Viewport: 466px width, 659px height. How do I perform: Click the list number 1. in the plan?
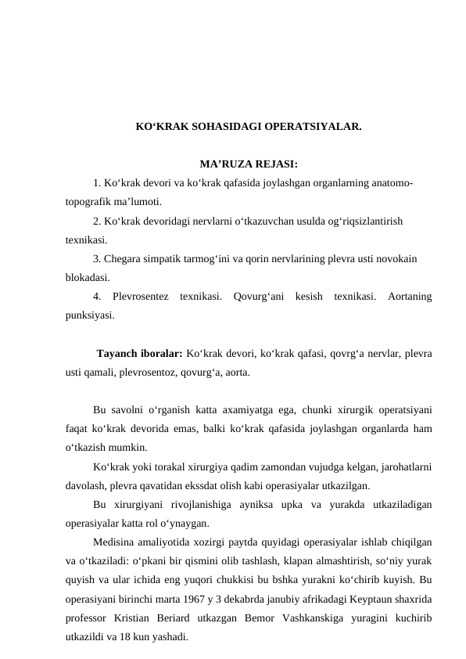97,183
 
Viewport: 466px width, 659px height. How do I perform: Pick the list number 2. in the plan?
97,221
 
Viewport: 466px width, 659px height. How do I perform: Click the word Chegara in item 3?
123,258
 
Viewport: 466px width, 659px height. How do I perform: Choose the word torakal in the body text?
171,466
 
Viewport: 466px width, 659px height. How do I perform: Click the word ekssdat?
256,485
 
